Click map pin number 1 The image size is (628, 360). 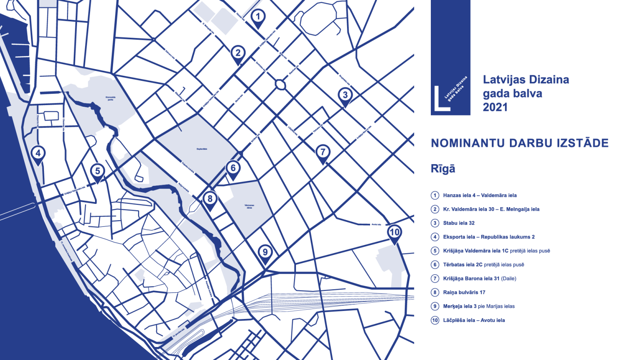(x=258, y=17)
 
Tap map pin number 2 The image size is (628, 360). (x=238, y=54)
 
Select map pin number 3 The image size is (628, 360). (x=345, y=95)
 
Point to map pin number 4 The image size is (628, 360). (x=38, y=154)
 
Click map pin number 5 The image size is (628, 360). (x=98, y=172)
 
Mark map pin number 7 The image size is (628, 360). (x=322, y=152)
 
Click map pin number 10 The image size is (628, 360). (x=394, y=233)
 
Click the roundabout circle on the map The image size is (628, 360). (x=280, y=85)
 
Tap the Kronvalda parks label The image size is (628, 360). (x=111, y=99)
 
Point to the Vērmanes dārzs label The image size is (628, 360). (x=249, y=206)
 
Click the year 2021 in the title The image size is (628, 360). (x=495, y=108)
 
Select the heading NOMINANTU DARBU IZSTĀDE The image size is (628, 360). (x=520, y=143)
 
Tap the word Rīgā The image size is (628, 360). (x=443, y=169)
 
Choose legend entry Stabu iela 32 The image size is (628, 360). (x=458, y=223)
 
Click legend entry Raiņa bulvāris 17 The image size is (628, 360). (x=464, y=293)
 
